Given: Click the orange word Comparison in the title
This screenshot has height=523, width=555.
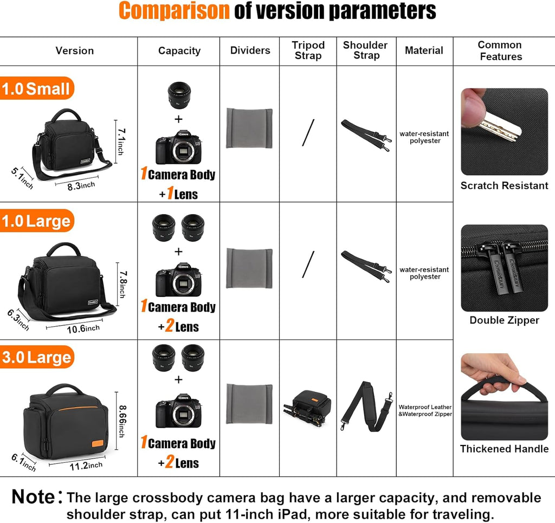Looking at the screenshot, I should [174, 11].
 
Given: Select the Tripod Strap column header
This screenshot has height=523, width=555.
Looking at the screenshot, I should [308, 50].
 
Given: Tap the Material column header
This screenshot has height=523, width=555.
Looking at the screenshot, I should [424, 50].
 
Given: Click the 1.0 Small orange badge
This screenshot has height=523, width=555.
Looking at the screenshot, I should [37, 88].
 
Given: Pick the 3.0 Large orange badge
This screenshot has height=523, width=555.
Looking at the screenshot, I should [37, 357].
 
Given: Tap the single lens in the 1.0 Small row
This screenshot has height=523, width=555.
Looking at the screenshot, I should [178, 95].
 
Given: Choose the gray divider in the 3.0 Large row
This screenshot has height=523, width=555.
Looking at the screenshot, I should [249, 404].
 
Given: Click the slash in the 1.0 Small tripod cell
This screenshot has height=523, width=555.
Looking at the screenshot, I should [308, 132].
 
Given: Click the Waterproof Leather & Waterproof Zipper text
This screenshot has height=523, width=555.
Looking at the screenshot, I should [425, 410].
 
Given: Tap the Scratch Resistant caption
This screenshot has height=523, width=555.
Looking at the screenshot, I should [504, 186].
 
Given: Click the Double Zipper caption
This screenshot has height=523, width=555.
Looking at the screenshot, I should [504, 320].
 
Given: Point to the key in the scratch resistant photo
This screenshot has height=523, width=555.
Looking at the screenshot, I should [499, 126].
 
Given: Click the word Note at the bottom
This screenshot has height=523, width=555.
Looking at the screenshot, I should [34, 496].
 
